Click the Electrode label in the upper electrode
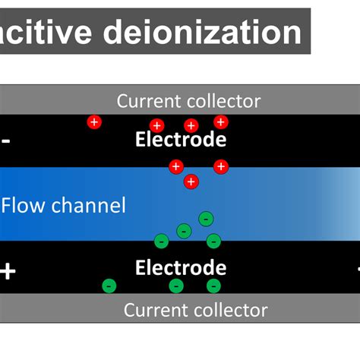(181, 139)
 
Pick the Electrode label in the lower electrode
(181, 267)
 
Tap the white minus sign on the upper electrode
(6, 141)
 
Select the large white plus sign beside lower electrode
(8, 270)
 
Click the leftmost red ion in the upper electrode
(94, 122)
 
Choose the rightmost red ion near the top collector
(220, 122)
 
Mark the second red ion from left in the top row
(157, 125)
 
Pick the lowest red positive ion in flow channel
(191, 182)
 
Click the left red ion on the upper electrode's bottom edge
(176, 166)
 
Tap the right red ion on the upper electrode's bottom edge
(220, 166)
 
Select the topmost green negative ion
(206, 219)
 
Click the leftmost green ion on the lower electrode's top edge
(160, 242)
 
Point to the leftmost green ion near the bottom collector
(109, 286)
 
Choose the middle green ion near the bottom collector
(176, 286)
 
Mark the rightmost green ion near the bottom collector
(213, 286)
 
